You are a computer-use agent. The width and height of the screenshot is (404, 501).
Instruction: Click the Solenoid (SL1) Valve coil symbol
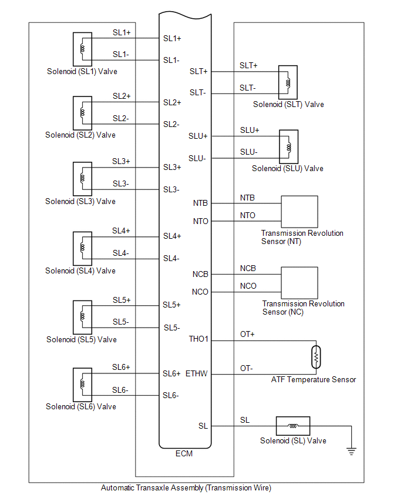click(x=82, y=49)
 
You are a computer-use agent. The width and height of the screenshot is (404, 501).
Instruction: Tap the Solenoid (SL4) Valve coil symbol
click(x=82, y=248)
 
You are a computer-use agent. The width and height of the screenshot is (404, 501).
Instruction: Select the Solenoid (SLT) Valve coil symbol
click(x=288, y=82)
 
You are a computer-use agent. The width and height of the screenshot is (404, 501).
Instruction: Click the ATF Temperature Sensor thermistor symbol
click(x=316, y=356)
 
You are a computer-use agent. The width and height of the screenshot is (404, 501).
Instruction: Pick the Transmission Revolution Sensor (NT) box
click(x=299, y=212)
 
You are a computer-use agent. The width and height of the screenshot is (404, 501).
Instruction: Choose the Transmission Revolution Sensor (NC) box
click(x=299, y=283)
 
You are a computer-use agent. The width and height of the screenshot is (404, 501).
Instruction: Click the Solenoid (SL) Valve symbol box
click(x=292, y=426)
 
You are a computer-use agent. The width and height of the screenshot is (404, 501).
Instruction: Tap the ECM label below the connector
click(x=184, y=453)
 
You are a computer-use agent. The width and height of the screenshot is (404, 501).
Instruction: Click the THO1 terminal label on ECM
click(x=199, y=339)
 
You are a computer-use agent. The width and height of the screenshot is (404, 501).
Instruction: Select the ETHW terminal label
click(x=197, y=373)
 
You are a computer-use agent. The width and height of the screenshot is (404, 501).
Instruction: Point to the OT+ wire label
click(x=247, y=334)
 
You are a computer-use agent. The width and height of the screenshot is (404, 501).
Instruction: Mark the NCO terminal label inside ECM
click(x=200, y=292)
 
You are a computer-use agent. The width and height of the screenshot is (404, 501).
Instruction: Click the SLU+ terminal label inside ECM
click(x=198, y=136)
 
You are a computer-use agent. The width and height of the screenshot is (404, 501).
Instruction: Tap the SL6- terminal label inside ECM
click(x=171, y=395)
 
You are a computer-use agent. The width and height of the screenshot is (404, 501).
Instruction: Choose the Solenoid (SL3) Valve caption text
click(x=80, y=201)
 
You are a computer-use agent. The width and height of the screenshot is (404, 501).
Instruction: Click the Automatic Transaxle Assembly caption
click(x=186, y=487)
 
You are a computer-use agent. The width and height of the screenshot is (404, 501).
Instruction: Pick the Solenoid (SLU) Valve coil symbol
click(x=288, y=146)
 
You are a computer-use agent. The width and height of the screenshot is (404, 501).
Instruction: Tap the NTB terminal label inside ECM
click(x=200, y=203)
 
